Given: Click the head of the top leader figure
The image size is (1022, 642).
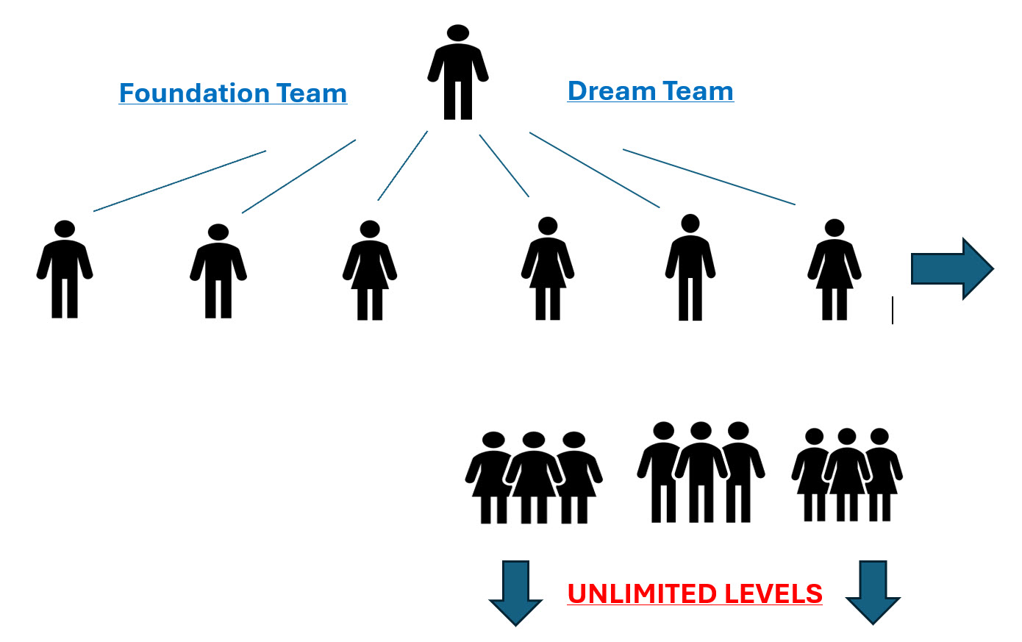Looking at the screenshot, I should pyautogui.click(x=458, y=33).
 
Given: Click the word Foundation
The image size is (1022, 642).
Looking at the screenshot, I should pyautogui.click(x=194, y=93).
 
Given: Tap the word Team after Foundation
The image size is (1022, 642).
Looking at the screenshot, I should pyautogui.click(x=311, y=93).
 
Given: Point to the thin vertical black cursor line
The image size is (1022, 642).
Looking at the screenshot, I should pyautogui.click(x=893, y=310).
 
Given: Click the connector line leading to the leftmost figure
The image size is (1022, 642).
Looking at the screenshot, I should pyautogui.click(x=179, y=181).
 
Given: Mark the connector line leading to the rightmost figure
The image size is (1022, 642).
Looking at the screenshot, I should pyautogui.click(x=709, y=176).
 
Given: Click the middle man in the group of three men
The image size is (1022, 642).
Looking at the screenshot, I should pyautogui.click(x=701, y=471).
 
